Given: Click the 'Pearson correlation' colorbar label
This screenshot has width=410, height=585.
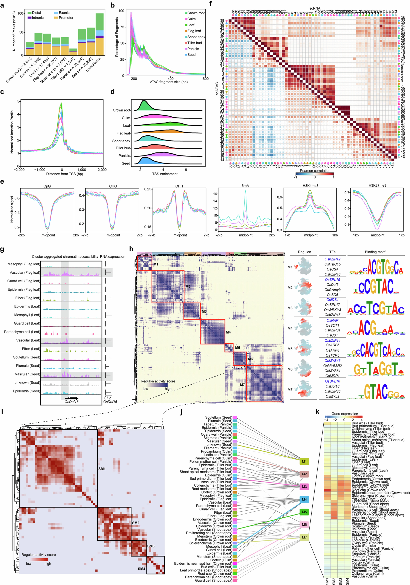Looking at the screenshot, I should (x=315, y=171).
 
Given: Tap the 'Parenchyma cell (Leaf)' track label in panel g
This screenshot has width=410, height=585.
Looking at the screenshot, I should (x=22, y=332).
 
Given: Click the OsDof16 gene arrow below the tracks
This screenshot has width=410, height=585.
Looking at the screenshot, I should (x=72, y=398).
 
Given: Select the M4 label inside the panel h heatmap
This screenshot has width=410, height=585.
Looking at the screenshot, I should (x=228, y=332).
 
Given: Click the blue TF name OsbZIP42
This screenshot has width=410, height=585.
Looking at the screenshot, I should (x=332, y=259).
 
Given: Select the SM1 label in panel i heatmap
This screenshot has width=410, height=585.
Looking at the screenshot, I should (x=102, y=469).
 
